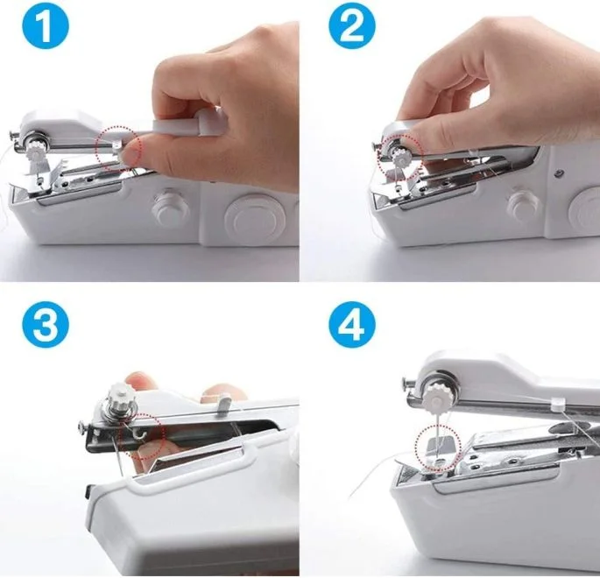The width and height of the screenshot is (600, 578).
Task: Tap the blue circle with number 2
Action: (x=350, y=28)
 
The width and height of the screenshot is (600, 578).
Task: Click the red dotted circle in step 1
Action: (x=118, y=146)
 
